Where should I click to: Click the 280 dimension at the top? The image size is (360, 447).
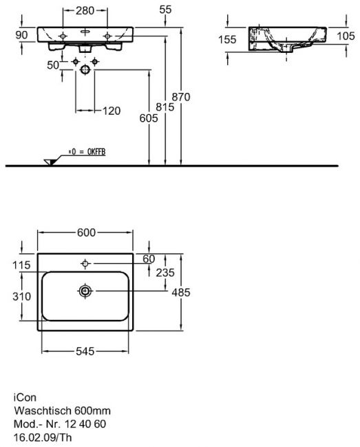pos(85,10)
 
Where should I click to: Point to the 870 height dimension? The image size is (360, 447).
pos(181,97)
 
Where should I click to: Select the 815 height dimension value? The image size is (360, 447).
pos(165,107)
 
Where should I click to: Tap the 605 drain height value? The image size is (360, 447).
pos(149,118)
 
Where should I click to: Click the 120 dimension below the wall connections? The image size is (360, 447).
pos(112,111)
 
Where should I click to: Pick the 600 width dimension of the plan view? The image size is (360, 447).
pos(86,232)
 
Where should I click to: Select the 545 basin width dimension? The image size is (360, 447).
pos(85,351)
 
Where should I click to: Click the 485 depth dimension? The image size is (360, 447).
pos(181,292)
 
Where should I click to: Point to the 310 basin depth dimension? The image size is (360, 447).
pos(21,296)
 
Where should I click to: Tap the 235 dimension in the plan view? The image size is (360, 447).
pos(165,272)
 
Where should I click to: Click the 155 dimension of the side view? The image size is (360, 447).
pos(227,39)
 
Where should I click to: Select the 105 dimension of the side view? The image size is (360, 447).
pos(346,36)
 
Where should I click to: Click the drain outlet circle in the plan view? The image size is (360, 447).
pos(85,291)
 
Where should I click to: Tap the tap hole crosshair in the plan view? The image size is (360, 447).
pos(85,263)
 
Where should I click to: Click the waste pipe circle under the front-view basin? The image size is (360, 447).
pos(85,69)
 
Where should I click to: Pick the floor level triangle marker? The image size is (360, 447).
pos(50,162)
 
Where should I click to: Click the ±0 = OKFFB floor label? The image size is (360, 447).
pos(87,152)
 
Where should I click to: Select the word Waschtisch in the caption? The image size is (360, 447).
pos(43,411)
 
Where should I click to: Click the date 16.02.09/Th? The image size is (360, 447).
pos(43,437)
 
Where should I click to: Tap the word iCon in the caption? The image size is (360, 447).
pos(25,397)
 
